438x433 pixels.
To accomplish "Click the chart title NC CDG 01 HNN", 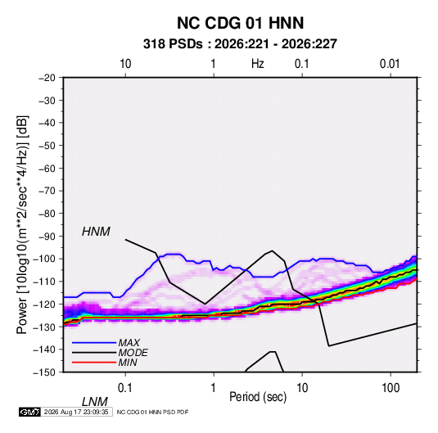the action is [x=240, y=23].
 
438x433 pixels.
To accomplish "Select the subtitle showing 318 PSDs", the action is [x=240, y=44].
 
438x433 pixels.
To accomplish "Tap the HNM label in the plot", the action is [x=96, y=232].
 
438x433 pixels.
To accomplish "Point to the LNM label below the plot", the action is [x=95, y=402].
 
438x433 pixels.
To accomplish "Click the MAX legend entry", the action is [x=129, y=343].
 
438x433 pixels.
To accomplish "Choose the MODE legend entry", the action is [x=133, y=353].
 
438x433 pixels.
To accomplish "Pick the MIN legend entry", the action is [x=128, y=363].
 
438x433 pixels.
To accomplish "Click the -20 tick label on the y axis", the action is [x=47, y=78].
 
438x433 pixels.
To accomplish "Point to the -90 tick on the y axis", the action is [x=47, y=236].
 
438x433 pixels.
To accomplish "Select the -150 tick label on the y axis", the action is [x=44, y=372].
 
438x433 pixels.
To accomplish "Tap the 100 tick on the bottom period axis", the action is [x=391, y=388].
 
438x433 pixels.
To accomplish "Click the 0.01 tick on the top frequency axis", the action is [x=390, y=64].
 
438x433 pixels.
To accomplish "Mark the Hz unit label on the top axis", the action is [x=258, y=64].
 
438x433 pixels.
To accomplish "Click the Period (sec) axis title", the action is [x=258, y=397].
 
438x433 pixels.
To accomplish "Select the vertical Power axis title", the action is [x=22, y=224].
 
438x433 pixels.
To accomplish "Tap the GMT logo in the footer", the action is [x=30, y=412].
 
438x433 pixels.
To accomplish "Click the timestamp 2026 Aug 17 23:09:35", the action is [x=76, y=412].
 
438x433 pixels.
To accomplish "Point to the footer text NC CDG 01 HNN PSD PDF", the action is [x=152, y=412].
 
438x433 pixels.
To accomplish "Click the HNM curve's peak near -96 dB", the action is [x=272, y=250].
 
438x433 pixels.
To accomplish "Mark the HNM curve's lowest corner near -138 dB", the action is [x=329, y=346].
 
